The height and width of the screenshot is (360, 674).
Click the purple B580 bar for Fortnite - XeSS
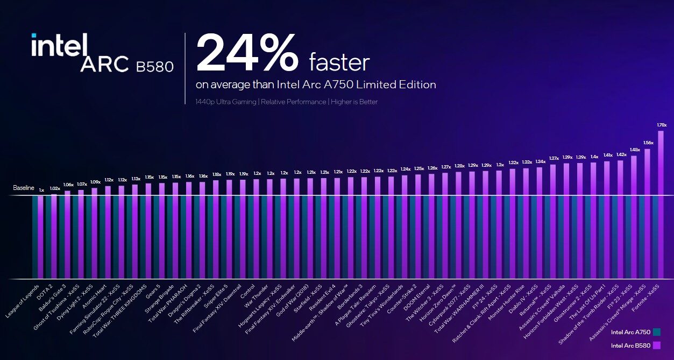661,204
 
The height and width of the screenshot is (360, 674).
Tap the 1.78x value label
662,125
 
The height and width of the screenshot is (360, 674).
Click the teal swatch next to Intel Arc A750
656,332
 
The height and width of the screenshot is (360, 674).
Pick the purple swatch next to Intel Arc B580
656,345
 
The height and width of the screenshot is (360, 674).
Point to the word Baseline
24,188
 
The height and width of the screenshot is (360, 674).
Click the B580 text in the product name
154,67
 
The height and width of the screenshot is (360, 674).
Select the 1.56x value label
648,143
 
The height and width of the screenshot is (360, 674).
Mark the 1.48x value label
635,150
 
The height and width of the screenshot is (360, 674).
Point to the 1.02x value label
55,188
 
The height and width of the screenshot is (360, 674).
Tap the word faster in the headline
339,63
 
